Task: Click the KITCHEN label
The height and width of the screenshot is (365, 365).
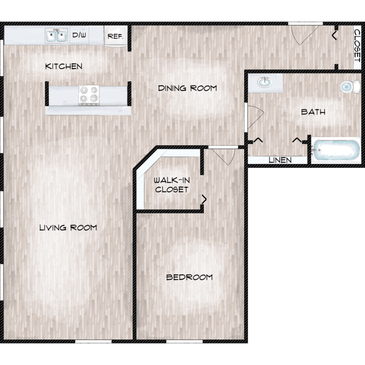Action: [x=64, y=66]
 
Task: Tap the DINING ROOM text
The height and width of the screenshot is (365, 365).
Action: [x=187, y=88]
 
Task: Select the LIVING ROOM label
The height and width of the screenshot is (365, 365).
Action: [x=68, y=228]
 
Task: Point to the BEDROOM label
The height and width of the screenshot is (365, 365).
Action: [x=189, y=277]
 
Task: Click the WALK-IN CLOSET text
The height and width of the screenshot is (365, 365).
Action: [x=172, y=185]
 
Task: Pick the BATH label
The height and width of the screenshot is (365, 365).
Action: [x=313, y=112]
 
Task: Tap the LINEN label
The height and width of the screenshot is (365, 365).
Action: [x=280, y=160]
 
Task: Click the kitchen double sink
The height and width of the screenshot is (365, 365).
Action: [x=56, y=36]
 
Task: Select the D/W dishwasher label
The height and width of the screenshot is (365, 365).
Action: [x=79, y=35]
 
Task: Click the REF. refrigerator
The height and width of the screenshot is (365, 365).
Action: [x=116, y=36]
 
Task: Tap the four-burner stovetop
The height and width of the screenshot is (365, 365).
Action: [x=89, y=95]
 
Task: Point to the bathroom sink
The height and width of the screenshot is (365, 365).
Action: [x=265, y=82]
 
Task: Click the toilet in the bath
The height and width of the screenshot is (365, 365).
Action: [x=350, y=87]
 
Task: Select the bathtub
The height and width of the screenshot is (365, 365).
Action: [x=336, y=150]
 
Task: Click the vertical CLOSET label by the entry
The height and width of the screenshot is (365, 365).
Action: [x=357, y=45]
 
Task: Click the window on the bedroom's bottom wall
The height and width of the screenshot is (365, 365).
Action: [x=184, y=341]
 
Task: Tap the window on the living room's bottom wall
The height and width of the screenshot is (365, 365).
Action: [x=93, y=341]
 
